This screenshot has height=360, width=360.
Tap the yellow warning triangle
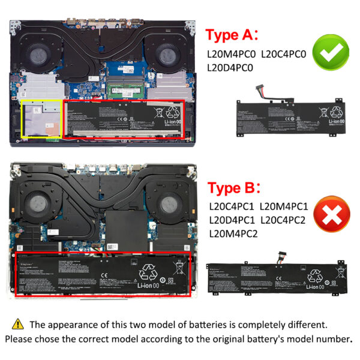(18, 325)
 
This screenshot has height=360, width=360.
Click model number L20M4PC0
(232, 53)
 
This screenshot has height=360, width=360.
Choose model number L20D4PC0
(232, 68)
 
